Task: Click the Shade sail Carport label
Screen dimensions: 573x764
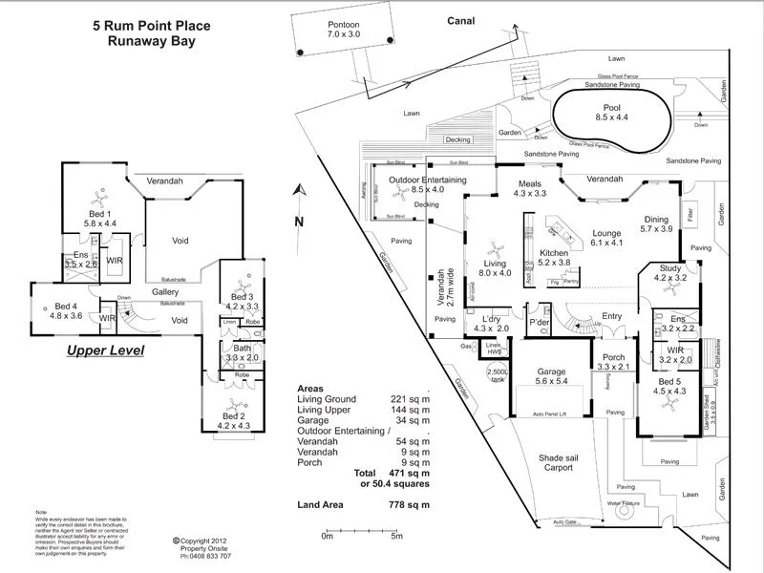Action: click(552, 462)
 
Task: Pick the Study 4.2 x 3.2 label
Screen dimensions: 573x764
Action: click(670, 274)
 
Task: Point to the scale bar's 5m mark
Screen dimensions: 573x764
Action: click(396, 538)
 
